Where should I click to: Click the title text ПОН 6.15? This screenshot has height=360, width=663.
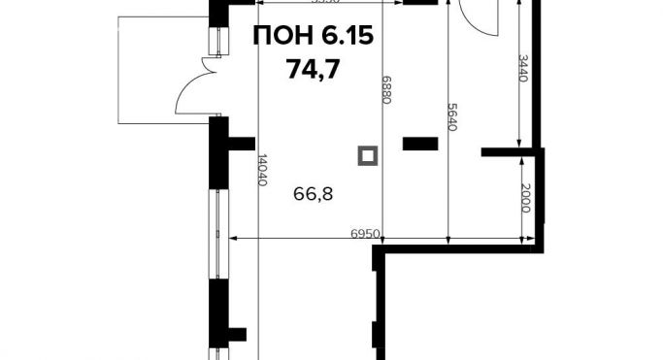click(313, 38)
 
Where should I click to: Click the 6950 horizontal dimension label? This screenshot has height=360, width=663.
click(364, 234)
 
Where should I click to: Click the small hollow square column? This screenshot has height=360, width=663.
click(367, 155)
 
